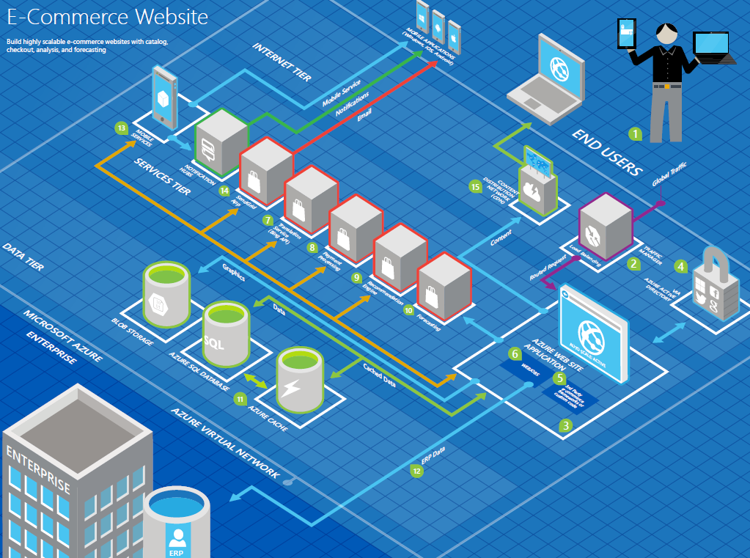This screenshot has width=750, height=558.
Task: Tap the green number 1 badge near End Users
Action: coord(636,134)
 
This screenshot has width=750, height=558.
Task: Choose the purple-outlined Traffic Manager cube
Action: coord(606,224)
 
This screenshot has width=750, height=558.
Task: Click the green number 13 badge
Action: coord(121,128)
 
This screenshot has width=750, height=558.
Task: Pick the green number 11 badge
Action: coord(240,399)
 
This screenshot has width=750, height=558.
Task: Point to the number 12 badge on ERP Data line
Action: coord(416,471)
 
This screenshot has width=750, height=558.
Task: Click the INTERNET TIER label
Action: coord(282,62)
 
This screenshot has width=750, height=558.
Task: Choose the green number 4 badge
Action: coord(681,267)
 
